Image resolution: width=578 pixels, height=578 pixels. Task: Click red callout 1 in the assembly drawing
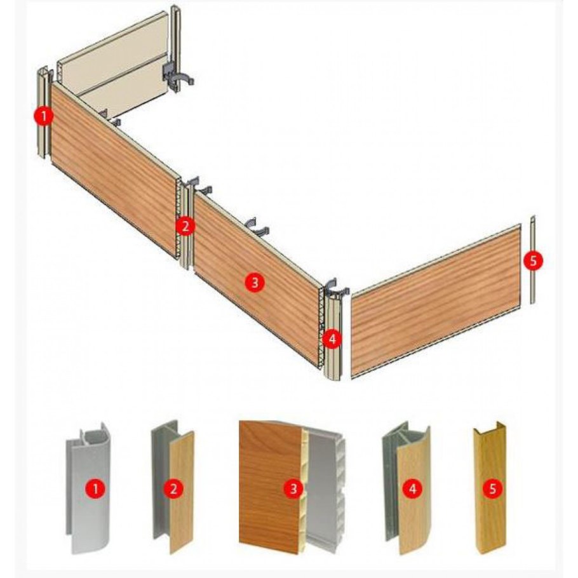tap(44, 116)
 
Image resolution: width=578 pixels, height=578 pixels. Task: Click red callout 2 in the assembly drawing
tap(185, 226)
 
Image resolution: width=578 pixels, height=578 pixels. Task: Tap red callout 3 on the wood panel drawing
tap(254, 283)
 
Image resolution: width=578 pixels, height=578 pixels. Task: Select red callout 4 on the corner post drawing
tap(332, 339)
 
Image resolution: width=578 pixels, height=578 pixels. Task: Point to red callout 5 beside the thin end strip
tap(533, 260)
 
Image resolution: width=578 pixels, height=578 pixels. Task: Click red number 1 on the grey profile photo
tap(95, 489)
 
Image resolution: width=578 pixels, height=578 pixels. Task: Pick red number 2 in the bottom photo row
tap(173, 489)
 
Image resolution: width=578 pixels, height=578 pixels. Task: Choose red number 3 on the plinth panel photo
tap(293, 489)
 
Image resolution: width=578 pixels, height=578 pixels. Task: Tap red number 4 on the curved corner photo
tap(413, 489)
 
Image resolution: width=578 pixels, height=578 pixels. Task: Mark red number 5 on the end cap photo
tap(493, 489)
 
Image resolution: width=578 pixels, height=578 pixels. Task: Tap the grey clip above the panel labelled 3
tap(257, 226)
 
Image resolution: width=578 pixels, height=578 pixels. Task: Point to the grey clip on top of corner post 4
tap(335, 288)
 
